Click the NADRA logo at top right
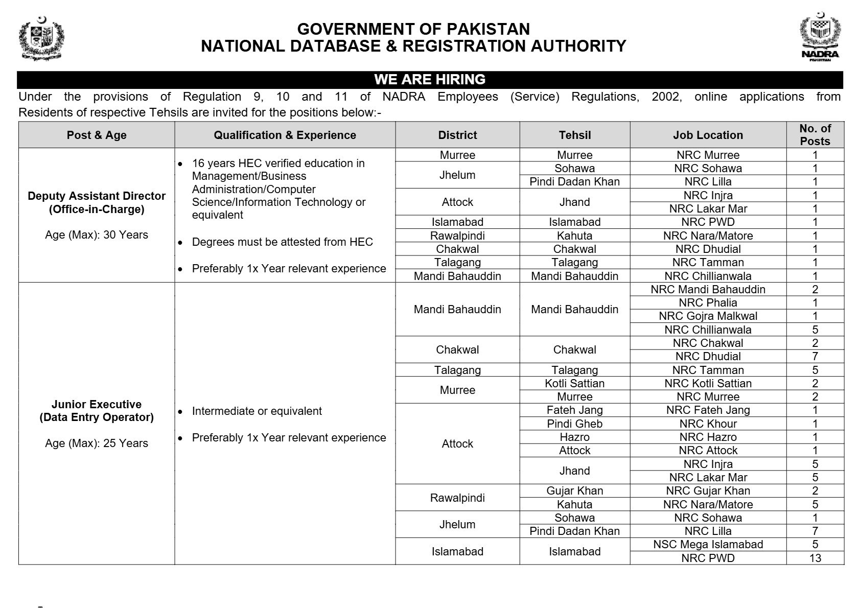[820, 37]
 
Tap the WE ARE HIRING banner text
[430, 80]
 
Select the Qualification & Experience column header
[285, 135]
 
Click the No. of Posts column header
[815, 135]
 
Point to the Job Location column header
[708, 135]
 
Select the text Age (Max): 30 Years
[97, 235]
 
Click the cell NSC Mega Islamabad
[708, 545]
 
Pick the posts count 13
[815, 558]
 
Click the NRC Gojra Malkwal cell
[708, 316]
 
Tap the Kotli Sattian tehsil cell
[574, 383]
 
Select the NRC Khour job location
[708, 424]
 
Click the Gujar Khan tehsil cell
[574, 491]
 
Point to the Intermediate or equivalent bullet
[257, 411]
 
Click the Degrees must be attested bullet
[282, 242]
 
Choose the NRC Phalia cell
[708, 302]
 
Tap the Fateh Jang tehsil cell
[574, 410]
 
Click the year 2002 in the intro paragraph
[666, 97]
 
